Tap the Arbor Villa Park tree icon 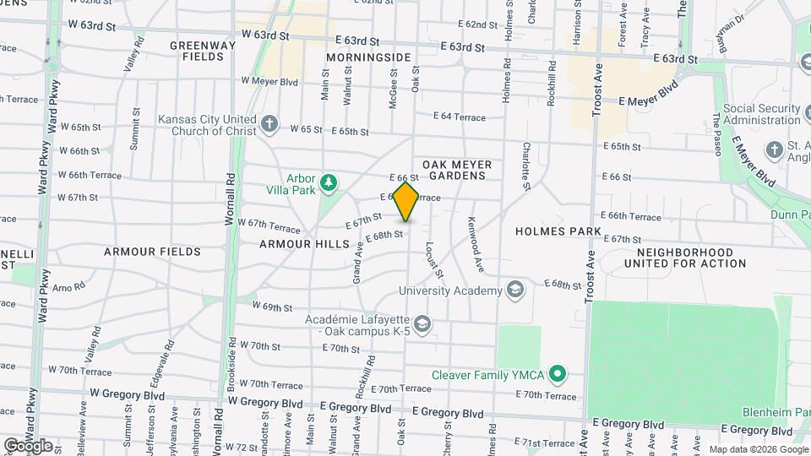[329, 182]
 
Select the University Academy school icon [514, 291]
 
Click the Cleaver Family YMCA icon [557, 373]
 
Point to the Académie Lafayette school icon [422, 323]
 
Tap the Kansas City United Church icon [269, 124]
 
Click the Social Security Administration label [761, 115]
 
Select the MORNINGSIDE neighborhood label [369, 57]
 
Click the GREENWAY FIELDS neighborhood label [197, 52]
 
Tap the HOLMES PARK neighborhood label [558, 231]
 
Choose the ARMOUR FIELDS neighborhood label [152, 252]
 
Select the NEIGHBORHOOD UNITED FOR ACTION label [685, 258]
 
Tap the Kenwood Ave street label [476, 245]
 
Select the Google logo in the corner [28, 445]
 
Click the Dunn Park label [790, 215]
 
